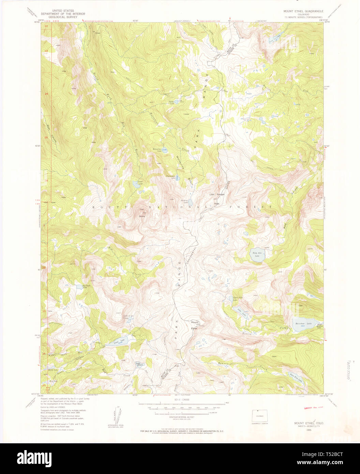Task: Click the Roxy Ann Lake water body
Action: click(x=257, y=256)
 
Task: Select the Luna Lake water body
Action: click(x=116, y=341)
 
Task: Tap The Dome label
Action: click(x=141, y=213)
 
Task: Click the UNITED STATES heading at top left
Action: click(x=63, y=11)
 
